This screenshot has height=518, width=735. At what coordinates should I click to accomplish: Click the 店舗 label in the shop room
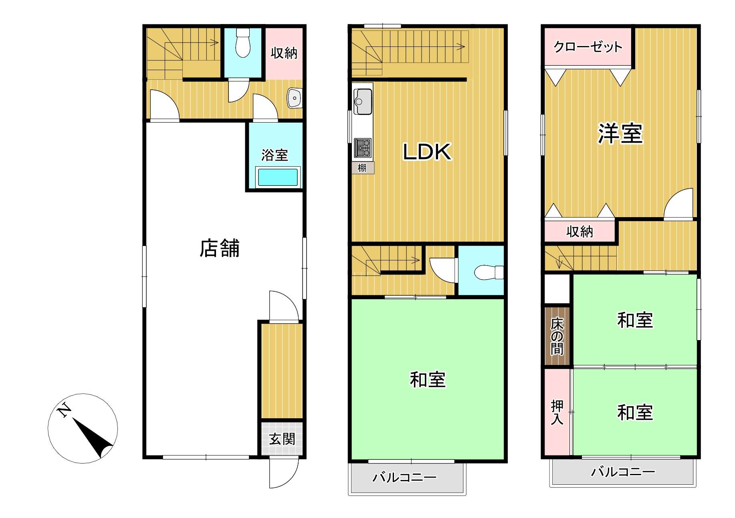(220, 248)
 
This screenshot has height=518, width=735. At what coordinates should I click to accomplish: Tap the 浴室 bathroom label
(275, 155)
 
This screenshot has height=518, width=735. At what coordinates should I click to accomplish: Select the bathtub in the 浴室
(278, 177)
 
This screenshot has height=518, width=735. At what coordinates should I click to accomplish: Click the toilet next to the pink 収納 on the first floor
(243, 42)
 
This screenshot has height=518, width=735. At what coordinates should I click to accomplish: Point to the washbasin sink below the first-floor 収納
(295, 98)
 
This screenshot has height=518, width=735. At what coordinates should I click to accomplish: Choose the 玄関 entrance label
(282, 439)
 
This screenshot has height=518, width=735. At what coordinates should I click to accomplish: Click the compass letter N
(64, 410)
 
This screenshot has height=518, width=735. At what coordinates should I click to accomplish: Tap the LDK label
(427, 152)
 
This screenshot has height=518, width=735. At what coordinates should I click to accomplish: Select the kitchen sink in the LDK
(363, 101)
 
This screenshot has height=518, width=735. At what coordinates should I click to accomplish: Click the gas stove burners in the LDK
(363, 148)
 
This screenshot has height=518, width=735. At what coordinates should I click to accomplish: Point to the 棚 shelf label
(362, 167)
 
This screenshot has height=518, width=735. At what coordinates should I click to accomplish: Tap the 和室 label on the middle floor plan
(427, 379)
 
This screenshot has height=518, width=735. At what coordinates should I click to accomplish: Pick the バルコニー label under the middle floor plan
(404, 477)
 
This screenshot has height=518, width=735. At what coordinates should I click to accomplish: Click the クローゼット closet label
(588, 47)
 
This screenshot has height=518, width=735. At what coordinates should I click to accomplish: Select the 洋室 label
(620, 133)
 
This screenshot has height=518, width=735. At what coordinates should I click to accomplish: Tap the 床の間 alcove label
(557, 337)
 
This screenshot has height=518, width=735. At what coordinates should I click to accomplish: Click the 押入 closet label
(557, 412)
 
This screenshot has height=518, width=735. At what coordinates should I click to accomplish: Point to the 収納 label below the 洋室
(580, 232)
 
